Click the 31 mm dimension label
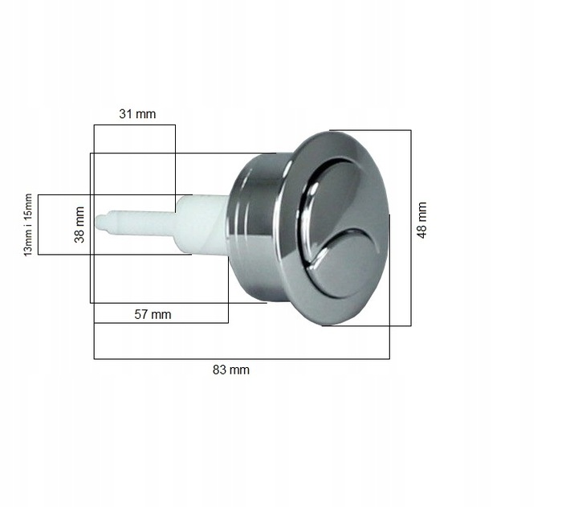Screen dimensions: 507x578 137,114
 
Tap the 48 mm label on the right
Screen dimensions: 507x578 422,219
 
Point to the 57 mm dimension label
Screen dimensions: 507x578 152,314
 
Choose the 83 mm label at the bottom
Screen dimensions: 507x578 231,370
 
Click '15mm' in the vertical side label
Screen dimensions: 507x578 29,207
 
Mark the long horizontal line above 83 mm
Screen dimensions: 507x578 241,358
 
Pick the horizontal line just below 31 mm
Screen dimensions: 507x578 134,125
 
